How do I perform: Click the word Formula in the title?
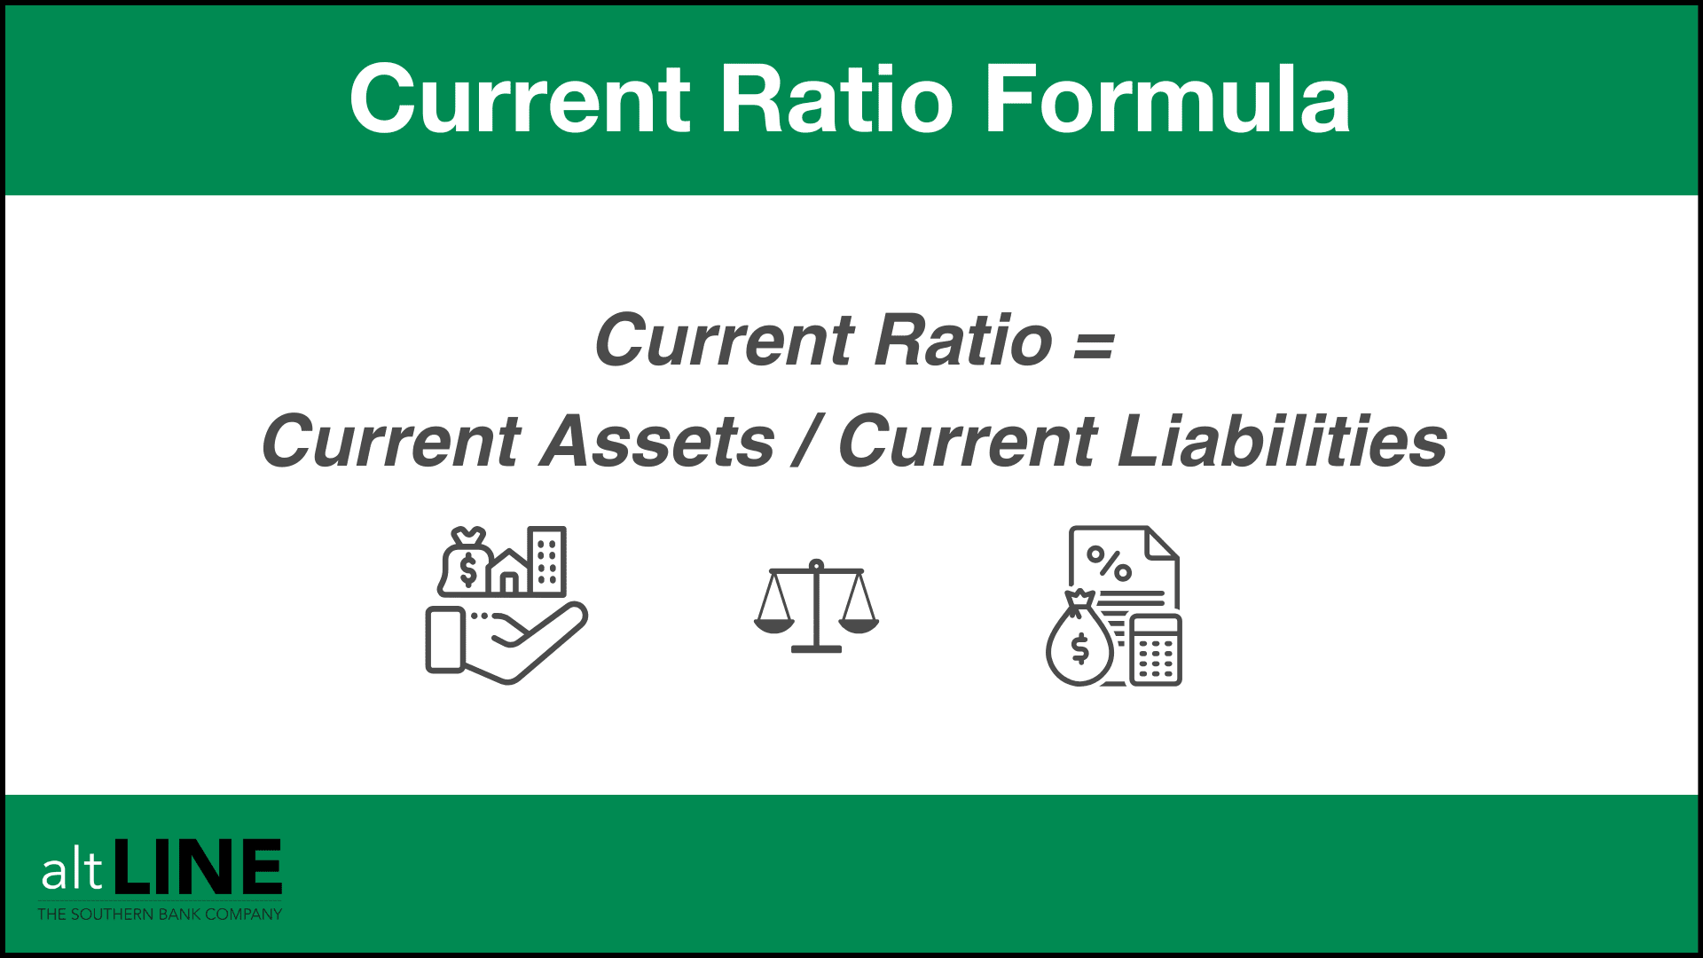(1167, 99)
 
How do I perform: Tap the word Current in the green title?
(520, 99)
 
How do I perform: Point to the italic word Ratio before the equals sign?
(963, 340)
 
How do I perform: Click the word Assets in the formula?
(657, 442)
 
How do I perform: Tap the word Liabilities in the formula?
(1283, 441)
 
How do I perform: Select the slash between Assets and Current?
(806, 441)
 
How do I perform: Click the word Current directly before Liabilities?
(969, 442)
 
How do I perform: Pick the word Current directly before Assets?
(391, 442)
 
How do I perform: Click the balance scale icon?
(816, 606)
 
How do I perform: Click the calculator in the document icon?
(1156, 649)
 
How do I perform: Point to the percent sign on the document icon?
(1109, 563)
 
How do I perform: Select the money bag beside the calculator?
(1079, 639)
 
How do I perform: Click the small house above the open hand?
(509, 572)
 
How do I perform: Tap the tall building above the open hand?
(546, 560)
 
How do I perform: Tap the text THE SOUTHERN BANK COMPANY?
(160, 914)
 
